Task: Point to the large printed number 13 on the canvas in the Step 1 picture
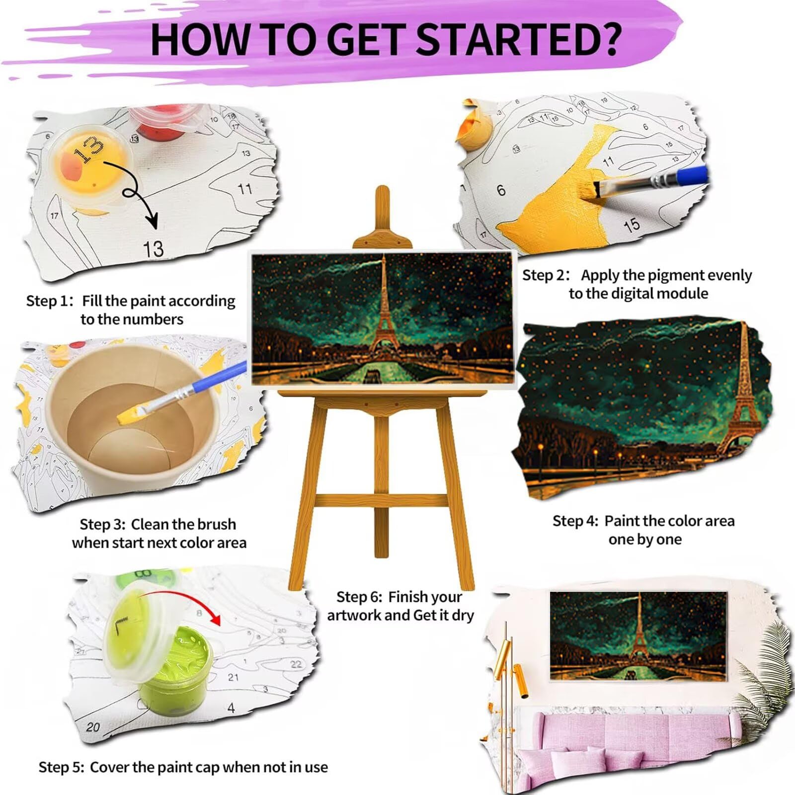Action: [x=153, y=249]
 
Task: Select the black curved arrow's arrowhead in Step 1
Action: [x=152, y=219]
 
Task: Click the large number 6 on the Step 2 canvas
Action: [x=501, y=190]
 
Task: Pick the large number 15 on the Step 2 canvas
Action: [x=632, y=225]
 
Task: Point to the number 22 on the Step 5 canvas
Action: [x=296, y=664]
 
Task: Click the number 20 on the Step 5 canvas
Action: [x=92, y=727]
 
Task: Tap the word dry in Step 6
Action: [x=463, y=616]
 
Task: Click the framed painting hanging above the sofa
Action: [x=639, y=636]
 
